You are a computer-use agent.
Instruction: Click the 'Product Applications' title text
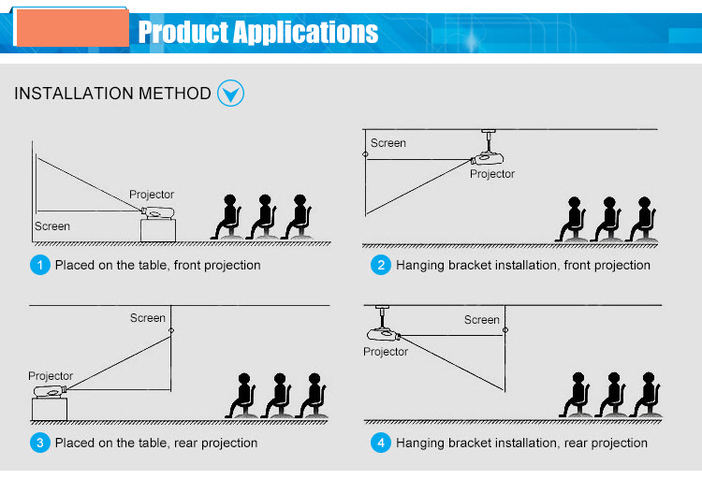point(258,33)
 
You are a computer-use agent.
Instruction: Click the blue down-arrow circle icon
point(230,93)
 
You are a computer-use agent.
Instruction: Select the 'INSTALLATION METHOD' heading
point(112,94)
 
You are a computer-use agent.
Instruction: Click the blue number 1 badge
point(39,265)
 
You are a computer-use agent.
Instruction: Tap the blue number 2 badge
point(380,265)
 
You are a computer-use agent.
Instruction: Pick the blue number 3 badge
point(39,443)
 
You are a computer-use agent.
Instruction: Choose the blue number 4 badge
point(380,443)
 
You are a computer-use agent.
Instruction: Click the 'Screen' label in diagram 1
point(52,226)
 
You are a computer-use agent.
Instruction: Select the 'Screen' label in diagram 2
point(388,143)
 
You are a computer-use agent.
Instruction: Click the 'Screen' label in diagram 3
point(148,318)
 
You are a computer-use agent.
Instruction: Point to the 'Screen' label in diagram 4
point(482,320)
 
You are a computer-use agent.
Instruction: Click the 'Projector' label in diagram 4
point(386,352)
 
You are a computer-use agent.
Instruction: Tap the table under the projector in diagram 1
point(157,229)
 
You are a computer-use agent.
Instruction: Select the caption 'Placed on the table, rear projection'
point(156,443)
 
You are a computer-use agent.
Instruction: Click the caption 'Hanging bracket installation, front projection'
point(522,265)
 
